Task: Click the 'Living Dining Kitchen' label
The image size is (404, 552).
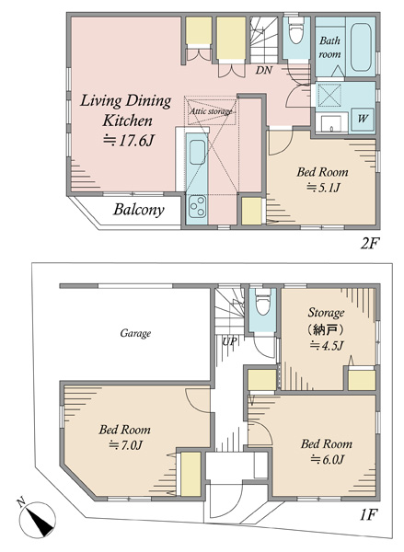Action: pos(126,110)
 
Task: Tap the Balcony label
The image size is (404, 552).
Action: pos(139,210)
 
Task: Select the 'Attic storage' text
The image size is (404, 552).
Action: pos(211,111)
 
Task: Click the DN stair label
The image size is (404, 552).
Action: pos(264,70)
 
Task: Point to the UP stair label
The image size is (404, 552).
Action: pos(229,341)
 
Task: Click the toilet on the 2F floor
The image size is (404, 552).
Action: pos(295,30)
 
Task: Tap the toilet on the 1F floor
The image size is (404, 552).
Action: pos(263,302)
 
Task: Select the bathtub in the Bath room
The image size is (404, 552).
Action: pos(361,47)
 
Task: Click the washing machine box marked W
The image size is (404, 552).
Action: pos(363,120)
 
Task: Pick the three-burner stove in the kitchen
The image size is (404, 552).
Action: pos(197,207)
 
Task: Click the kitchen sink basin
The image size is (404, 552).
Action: pos(197,152)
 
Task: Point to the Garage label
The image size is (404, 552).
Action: pos(135,333)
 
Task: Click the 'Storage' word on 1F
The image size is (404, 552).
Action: pos(326,312)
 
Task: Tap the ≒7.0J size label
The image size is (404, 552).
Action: pos(125,445)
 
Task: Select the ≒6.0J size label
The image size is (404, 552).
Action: pos(327,459)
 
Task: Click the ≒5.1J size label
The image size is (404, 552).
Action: pos(323,188)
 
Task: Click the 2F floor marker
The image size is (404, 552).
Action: pos(369,244)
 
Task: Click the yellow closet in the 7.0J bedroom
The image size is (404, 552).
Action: pos(190,474)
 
